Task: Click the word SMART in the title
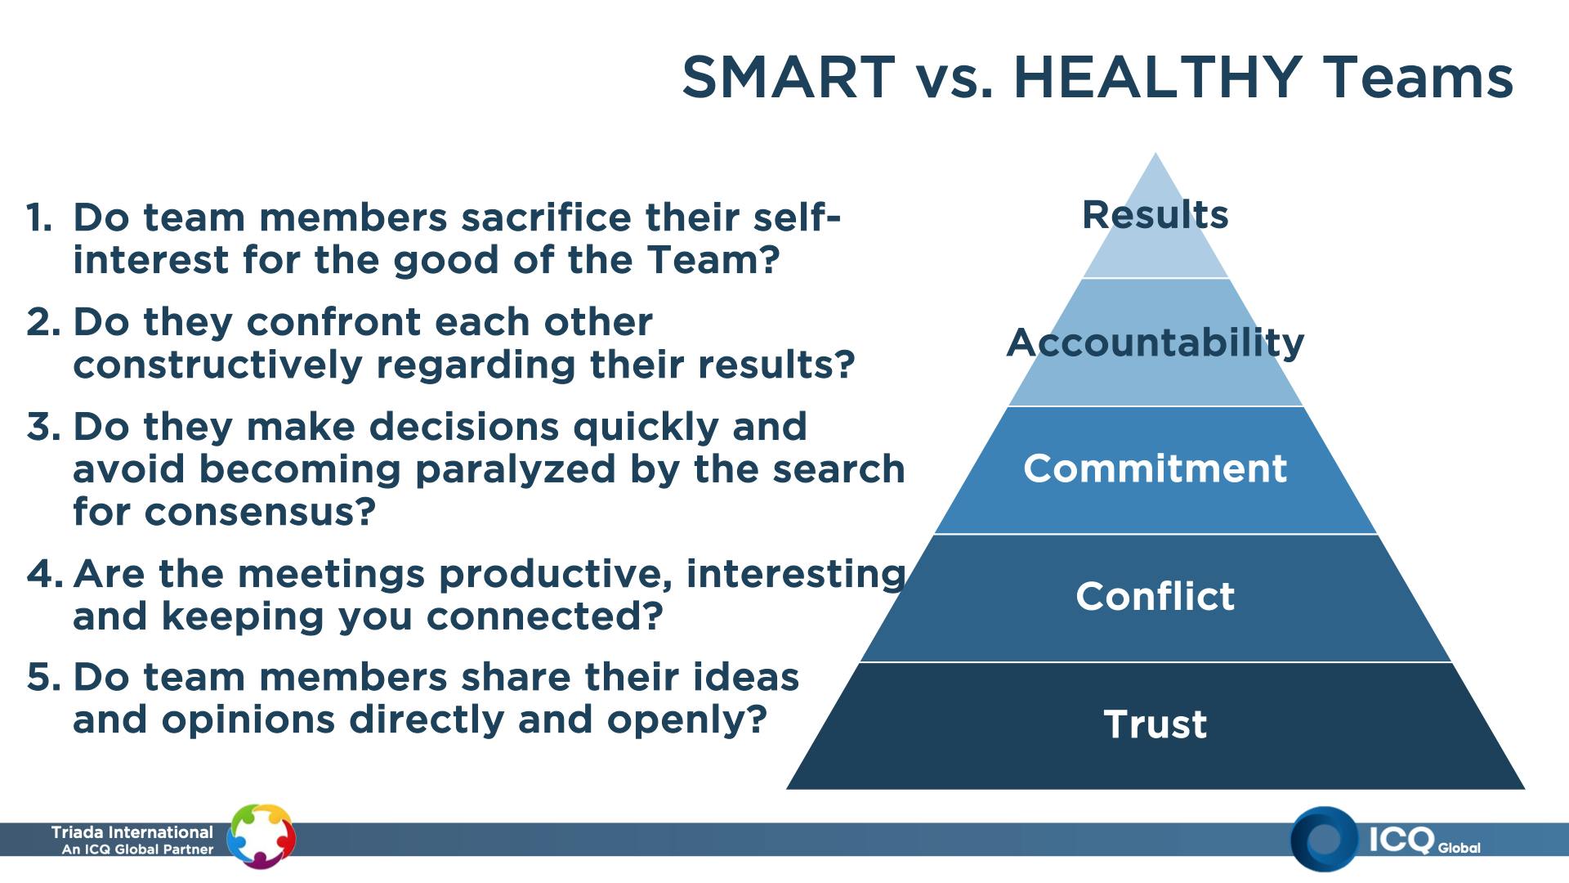(789, 78)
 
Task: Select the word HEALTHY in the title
(1157, 78)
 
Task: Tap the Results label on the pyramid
(1156, 215)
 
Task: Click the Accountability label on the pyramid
(1156, 343)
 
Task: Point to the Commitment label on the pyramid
(1156, 468)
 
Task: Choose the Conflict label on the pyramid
(1156, 596)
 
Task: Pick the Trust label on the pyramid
(1156, 724)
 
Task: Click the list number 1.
(38, 217)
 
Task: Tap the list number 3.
(43, 427)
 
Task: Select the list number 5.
(43, 678)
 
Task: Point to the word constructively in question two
(217, 365)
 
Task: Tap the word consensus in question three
(260, 513)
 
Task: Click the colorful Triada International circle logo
(261, 836)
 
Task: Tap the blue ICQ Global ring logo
(1325, 839)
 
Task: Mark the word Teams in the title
(1418, 78)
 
